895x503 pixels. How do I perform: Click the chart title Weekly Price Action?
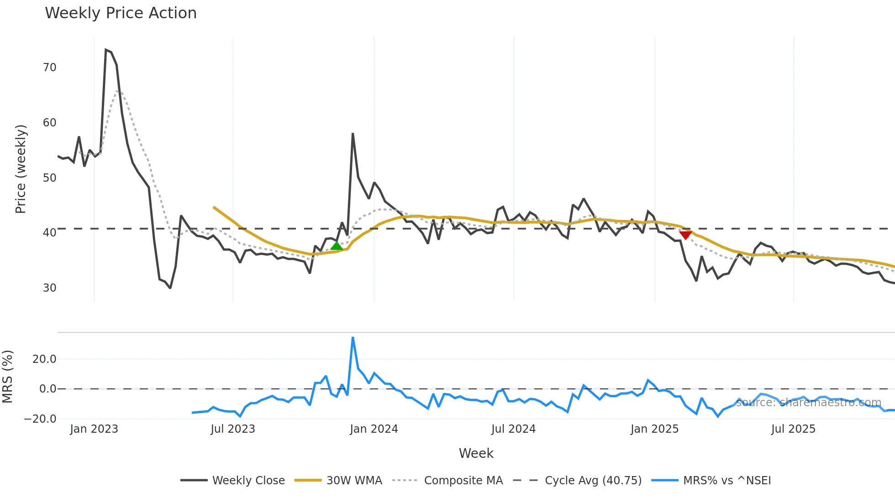click(121, 13)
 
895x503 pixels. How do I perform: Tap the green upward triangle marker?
click(337, 246)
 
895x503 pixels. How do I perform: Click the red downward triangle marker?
click(685, 235)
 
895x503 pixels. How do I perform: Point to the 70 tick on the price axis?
click(49, 68)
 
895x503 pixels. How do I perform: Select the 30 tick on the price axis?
click(49, 288)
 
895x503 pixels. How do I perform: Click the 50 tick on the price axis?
click(49, 178)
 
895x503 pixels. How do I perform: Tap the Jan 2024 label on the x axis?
click(374, 429)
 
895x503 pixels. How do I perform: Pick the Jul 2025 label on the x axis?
click(793, 429)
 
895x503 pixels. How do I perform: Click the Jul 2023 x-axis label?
click(232, 429)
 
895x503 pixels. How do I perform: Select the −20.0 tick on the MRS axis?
click(40, 419)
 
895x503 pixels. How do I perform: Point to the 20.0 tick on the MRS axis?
click(44, 359)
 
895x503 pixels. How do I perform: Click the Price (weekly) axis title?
click(21, 169)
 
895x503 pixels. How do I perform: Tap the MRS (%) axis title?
click(7, 377)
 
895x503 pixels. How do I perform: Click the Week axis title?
click(476, 453)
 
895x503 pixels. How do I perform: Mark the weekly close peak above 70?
click(105, 50)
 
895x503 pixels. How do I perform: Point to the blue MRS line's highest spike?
click(353, 338)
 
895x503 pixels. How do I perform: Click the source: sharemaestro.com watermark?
click(808, 403)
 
